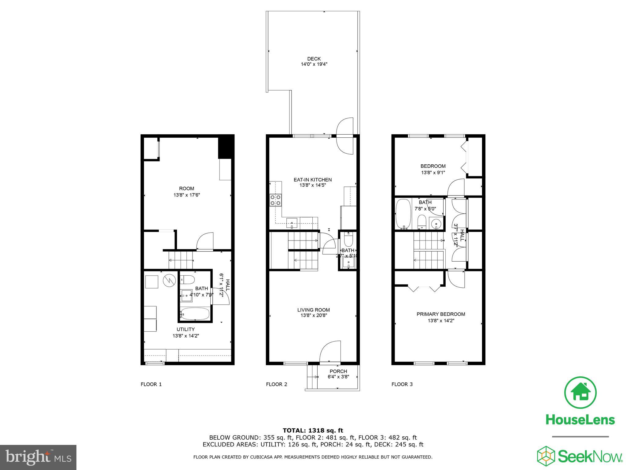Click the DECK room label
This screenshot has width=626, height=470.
[314, 59]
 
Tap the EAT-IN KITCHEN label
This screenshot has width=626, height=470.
[312, 180]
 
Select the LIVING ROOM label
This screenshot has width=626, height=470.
[313, 310]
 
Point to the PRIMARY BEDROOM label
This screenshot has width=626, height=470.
[441, 314]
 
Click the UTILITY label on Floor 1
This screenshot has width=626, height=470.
[186, 329]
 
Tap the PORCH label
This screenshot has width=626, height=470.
[338, 371]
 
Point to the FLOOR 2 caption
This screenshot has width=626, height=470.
[277, 384]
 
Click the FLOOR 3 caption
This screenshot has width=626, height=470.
[402, 384]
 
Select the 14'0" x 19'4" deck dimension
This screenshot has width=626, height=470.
[314, 64]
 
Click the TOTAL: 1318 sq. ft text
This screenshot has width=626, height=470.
[313, 431]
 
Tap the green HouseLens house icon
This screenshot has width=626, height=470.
[580, 393]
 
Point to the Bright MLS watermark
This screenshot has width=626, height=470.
[38, 457]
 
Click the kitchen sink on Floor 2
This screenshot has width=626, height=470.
[292, 223]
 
